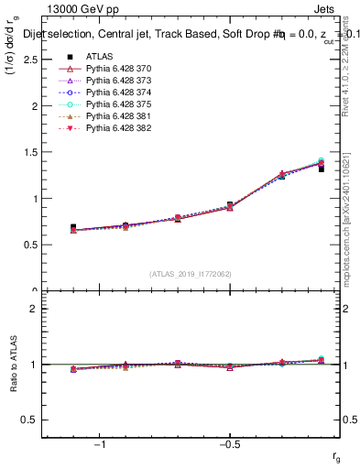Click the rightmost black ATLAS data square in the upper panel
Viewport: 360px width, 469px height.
click(x=322, y=169)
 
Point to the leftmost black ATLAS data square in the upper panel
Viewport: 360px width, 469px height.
click(x=73, y=227)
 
